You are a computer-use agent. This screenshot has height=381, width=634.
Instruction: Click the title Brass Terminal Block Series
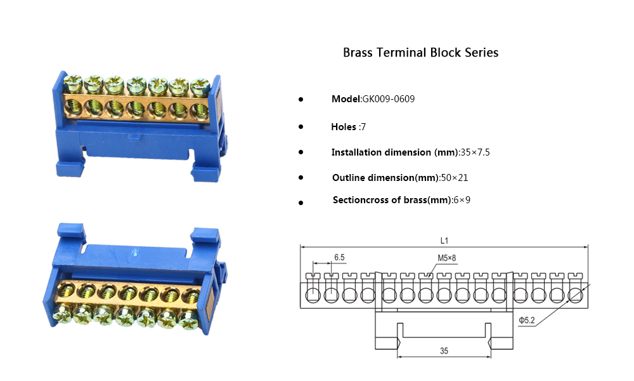point(420,53)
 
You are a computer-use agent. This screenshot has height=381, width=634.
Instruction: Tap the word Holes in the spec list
point(344,127)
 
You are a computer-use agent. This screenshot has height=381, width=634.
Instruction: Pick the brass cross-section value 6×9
point(462,200)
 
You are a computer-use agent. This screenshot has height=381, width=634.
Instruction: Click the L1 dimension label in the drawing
point(444,241)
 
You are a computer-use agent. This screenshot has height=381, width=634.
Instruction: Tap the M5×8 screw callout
point(446,258)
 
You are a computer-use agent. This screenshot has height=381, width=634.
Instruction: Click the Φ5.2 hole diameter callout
point(527,321)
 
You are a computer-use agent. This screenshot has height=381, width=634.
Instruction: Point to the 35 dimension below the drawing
point(444,351)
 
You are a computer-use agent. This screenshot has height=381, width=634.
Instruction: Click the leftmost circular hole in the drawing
point(312,295)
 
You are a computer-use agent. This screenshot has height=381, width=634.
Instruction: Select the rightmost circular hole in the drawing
point(576,295)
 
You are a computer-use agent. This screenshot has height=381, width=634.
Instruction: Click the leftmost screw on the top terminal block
point(73,83)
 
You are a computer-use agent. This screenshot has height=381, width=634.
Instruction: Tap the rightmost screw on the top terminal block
point(200,85)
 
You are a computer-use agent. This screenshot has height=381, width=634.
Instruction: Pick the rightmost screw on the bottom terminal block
point(188,321)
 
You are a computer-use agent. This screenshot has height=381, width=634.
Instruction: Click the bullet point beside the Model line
point(301,100)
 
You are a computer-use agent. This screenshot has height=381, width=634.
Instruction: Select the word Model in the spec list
point(346,99)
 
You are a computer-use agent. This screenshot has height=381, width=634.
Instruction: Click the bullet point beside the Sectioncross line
point(301,203)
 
